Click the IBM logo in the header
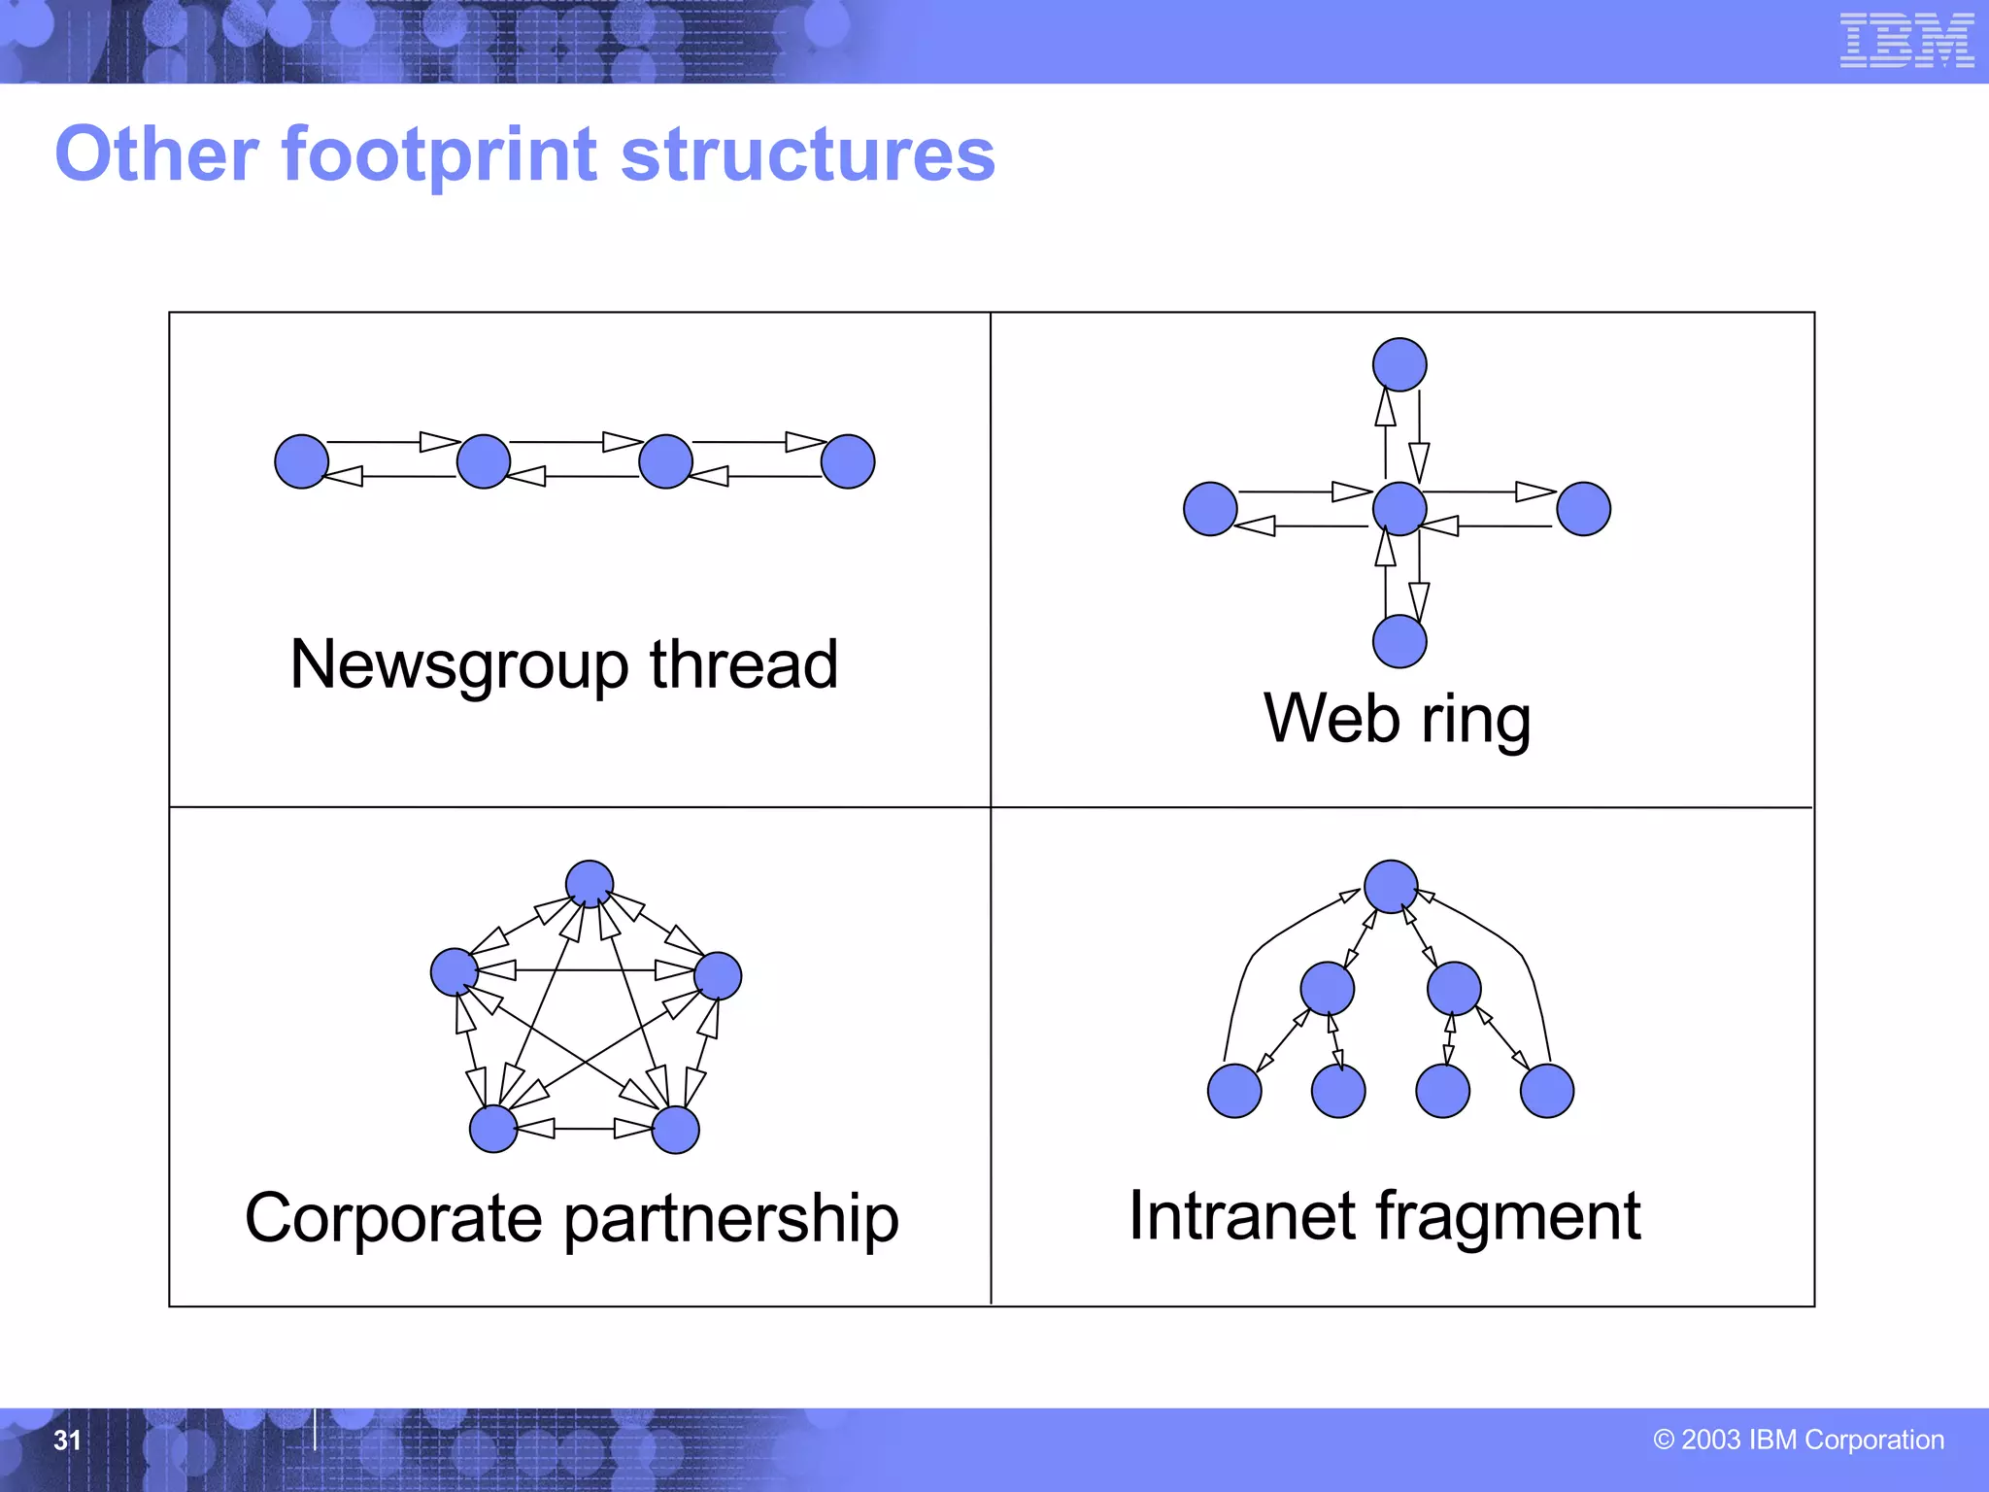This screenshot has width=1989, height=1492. tap(1906, 41)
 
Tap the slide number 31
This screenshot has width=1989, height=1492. tap(67, 1440)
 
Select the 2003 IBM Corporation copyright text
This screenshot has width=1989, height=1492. tap(1799, 1440)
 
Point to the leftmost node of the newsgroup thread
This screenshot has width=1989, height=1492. tap(302, 461)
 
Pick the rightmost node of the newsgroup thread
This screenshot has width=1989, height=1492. tap(848, 461)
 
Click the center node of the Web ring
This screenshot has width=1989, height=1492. tap(1399, 508)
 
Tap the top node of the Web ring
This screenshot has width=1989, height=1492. tap(1399, 365)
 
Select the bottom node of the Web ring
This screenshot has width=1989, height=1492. tap(1399, 641)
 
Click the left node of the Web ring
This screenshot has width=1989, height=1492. tap(1210, 509)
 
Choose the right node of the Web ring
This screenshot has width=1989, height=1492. tap(1583, 509)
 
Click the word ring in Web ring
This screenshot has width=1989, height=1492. tap(1476, 721)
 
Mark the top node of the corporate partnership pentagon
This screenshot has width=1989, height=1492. tap(590, 884)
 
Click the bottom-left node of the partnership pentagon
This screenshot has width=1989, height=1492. tap(493, 1129)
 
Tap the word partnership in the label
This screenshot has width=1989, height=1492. tap(730, 1220)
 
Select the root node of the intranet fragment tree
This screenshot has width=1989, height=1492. tap(1391, 886)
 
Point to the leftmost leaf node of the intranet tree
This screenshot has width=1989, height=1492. tap(1234, 1091)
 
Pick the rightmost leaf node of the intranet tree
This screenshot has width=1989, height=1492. tap(1547, 1091)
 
